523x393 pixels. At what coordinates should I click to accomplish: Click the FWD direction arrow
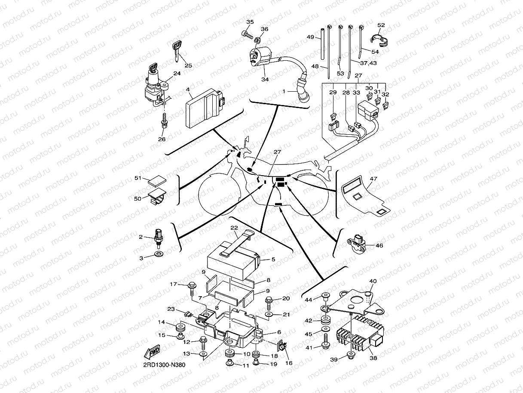[153, 352]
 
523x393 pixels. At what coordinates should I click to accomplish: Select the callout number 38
[373, 357]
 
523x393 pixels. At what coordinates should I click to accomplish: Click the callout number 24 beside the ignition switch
[177, 74]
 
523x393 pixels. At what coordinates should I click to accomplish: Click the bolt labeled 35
[247, 33]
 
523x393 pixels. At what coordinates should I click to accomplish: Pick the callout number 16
[288, 363]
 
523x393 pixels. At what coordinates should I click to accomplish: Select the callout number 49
[310, 37]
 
